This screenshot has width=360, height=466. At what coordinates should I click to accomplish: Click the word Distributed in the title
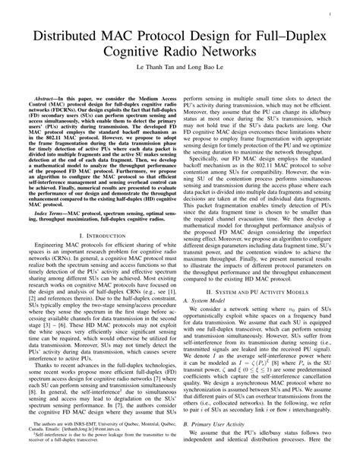pyautogui.click(x=69, y=36)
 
